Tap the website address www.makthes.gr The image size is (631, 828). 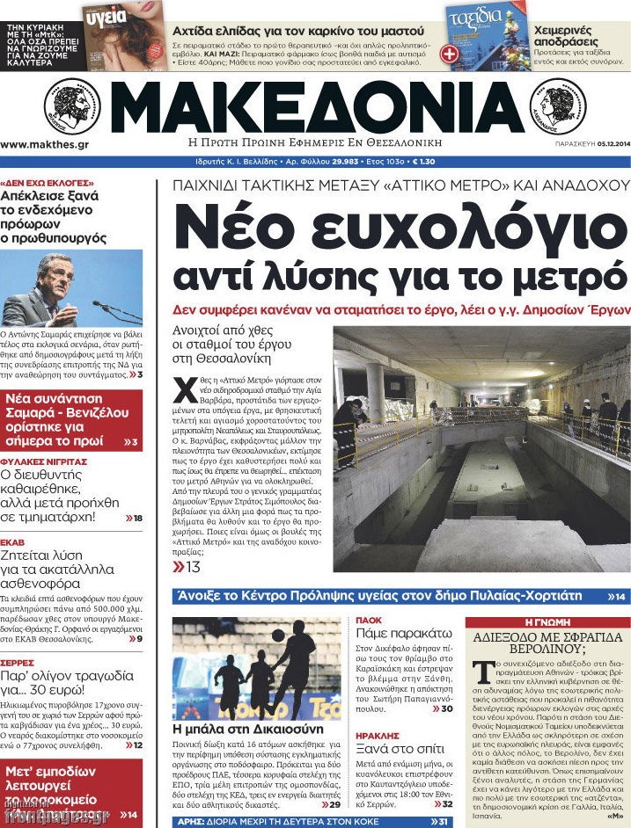(x=44, y=144)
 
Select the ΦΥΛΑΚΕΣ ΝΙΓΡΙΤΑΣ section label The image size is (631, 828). (x=43, y=461)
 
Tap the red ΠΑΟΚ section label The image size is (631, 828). (x=368, y=621)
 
